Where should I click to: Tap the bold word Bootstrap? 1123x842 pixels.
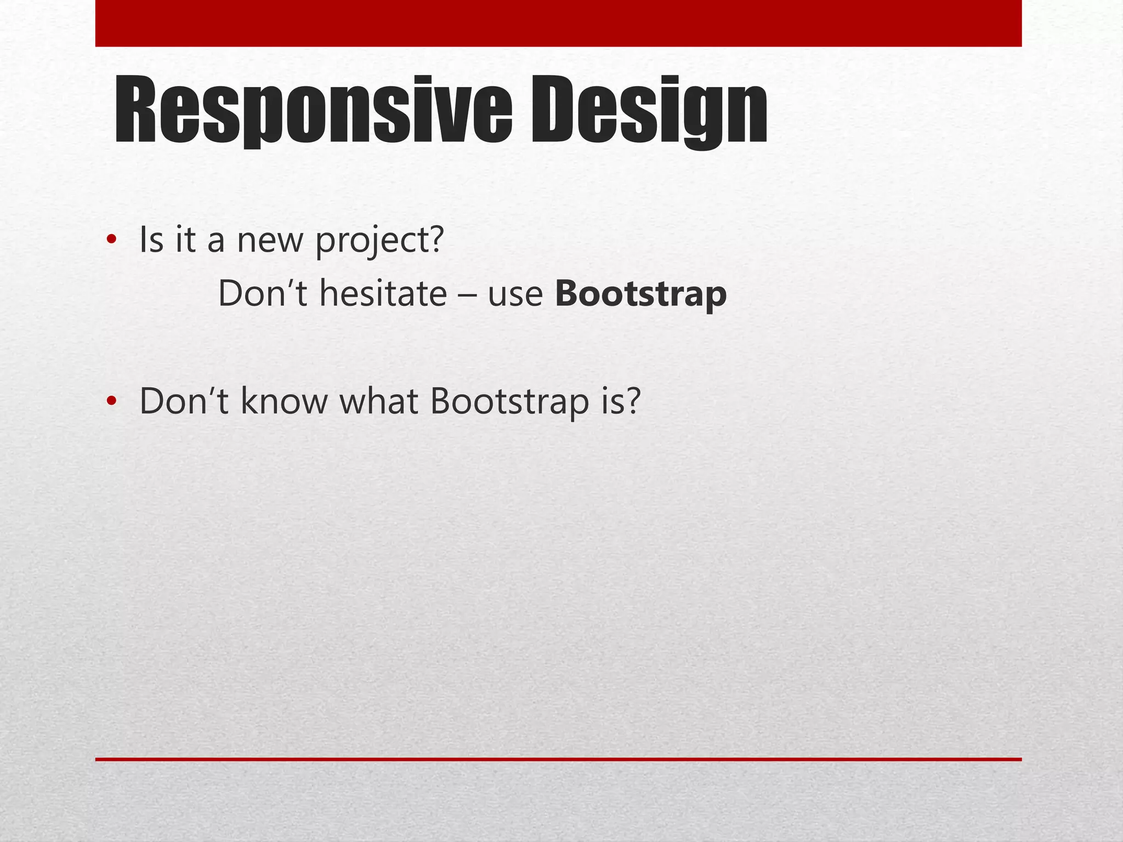[x=640, y=294]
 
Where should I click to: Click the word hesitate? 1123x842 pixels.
[x=383, y=294]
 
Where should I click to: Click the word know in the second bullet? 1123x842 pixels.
[x=283, y=401]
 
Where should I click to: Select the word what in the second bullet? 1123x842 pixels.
[x=379, y=401]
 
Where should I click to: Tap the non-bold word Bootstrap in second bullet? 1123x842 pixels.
[x=509, y=401]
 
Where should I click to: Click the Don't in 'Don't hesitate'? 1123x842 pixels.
[x=263, y=294]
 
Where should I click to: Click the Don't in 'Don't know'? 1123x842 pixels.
[x=184, y=401]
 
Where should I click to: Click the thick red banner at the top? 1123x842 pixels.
[x=558, y=23]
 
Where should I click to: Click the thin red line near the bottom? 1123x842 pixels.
[x=558, y=759]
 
